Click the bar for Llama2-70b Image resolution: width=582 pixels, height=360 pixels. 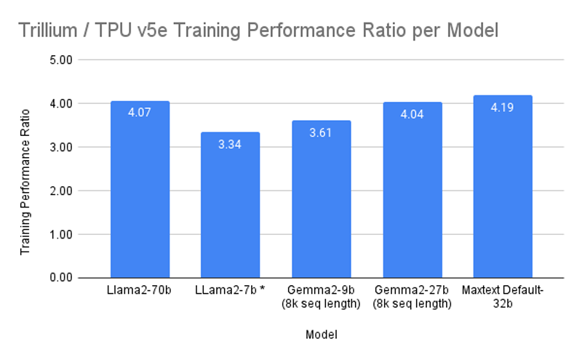point(140,196)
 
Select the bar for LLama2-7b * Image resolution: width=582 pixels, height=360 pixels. point(230,211)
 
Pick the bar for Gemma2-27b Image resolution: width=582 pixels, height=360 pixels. point(412,196)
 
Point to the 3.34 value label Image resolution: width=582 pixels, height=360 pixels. point(230,144)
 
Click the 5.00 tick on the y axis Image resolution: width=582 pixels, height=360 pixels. point(62,60)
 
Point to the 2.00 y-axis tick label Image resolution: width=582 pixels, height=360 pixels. point(62,191)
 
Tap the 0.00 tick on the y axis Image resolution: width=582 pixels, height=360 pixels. point(62,278)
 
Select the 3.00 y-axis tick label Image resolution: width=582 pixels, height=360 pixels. point(62,147)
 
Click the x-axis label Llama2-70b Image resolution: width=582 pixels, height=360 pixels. point(140,292)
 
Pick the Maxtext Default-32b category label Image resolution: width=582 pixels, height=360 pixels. point(503,297)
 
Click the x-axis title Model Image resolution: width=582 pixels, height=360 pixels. point(321,335)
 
